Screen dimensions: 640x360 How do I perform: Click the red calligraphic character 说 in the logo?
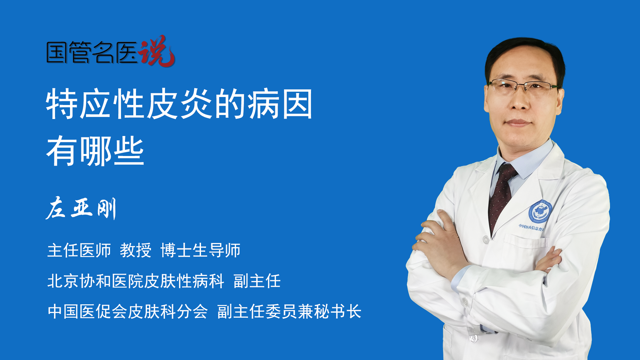156,51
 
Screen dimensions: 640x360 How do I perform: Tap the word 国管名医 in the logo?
92,52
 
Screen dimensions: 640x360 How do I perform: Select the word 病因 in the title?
280,104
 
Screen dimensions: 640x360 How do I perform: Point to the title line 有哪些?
95,151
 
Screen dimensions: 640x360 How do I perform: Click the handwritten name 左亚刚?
81,208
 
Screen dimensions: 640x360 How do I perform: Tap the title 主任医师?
79,250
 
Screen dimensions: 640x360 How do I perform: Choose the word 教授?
136,250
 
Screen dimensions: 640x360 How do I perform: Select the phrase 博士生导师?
200,250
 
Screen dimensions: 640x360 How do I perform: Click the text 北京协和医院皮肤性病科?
136,281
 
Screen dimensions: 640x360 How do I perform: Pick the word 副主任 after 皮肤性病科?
257,281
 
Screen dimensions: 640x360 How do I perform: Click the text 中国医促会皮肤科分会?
128,311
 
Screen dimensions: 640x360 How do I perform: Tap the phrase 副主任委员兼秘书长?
289,311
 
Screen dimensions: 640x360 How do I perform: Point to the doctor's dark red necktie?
502,197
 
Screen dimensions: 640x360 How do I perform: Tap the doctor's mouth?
518,123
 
